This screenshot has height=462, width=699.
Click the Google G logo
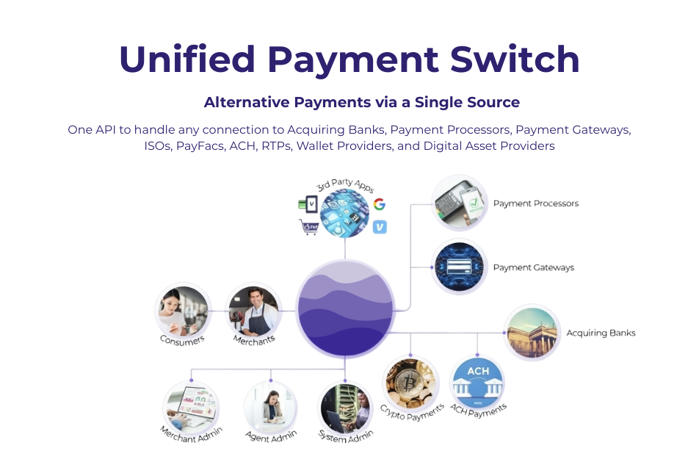click(x=379, y=204)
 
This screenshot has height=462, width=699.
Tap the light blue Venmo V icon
click(x=379, y=228)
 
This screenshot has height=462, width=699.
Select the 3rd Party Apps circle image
click(x=344, y=212)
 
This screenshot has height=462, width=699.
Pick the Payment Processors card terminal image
click(x=460, y=203)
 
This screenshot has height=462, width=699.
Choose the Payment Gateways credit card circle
click(x=460, y=267)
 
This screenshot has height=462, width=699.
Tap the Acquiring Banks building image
click(x=532, y=333)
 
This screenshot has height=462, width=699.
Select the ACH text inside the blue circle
click(x=477, y=369)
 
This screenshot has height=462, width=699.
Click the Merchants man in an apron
click(x=253, y=311)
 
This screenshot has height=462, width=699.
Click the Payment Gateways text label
click(x=534, y=267)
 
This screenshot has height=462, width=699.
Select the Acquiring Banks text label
click(x=600, y=333)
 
